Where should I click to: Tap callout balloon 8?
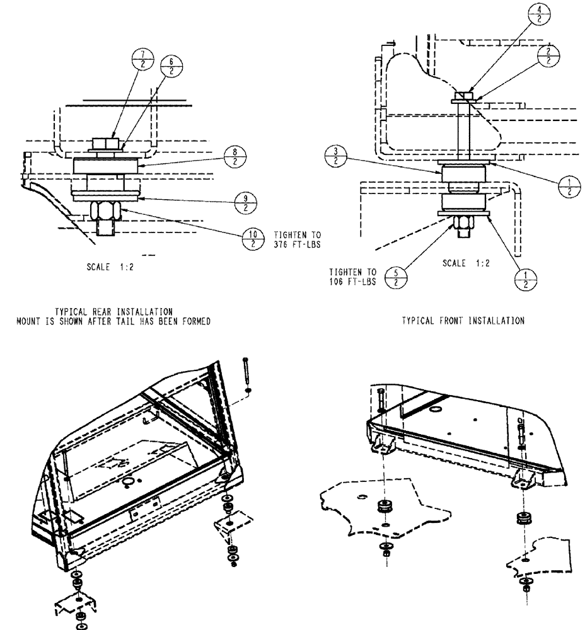click(x=236, y=157)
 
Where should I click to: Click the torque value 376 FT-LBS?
click(x=298, y=246)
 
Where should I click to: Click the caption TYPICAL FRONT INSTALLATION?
click(x=463, y=321)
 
